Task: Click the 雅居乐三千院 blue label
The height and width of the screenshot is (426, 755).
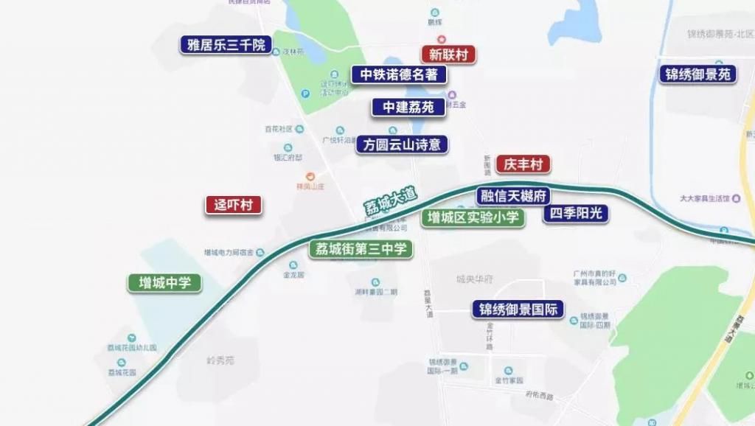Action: [226, 44]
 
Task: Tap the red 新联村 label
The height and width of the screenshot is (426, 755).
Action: [448, 54]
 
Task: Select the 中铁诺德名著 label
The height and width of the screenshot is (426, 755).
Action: [399, 74]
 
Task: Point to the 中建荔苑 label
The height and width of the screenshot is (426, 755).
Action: [408, 107]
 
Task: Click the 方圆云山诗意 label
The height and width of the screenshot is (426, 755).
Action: [403, 144]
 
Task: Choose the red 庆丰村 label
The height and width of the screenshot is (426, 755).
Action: [523, 164]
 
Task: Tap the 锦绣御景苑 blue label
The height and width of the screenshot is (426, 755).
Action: [697, 74]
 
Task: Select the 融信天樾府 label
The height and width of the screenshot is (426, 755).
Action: [513, 196]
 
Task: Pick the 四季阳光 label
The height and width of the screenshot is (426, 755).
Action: [576, 214]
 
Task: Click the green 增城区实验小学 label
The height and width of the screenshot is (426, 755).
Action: [473, 217]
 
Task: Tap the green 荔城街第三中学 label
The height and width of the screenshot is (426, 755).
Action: [361, 249]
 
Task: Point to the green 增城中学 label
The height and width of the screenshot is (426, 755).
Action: [164, 282]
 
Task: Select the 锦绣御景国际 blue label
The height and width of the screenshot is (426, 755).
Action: [518, 309]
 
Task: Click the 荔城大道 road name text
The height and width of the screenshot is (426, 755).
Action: [390, 200]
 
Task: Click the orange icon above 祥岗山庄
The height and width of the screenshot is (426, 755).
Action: [310, 176]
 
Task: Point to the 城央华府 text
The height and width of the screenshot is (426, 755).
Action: [474, 279]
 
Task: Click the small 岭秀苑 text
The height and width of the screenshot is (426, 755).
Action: [220, 360]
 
